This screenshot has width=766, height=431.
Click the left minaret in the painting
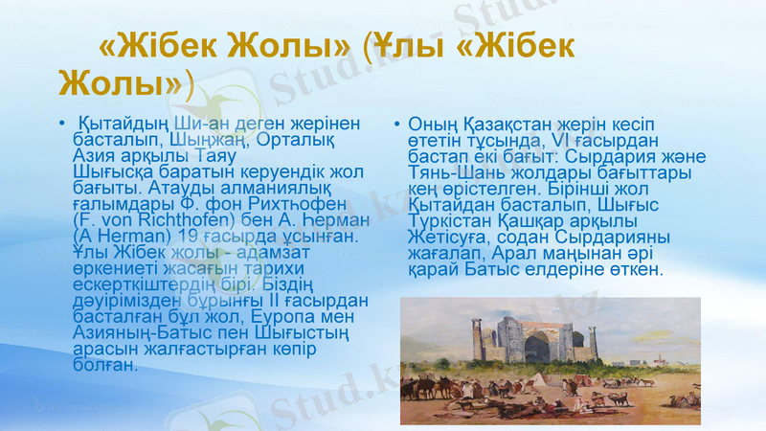tap(475, 341)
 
